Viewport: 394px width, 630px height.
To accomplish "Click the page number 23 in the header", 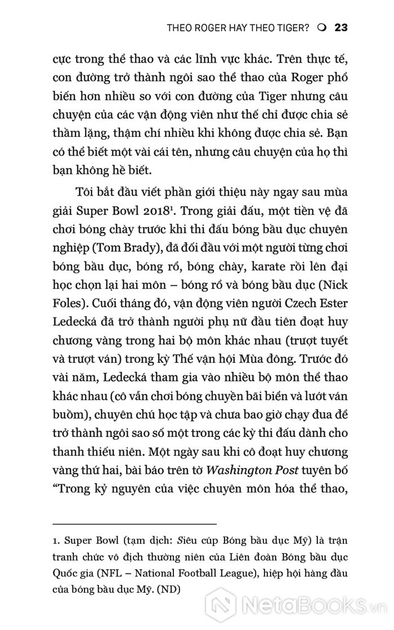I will click(x=343, y=27).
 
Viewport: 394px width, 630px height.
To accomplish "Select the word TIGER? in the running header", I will click(x=290, y=27).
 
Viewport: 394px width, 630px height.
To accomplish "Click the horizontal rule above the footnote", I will click(x=134, y=523).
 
